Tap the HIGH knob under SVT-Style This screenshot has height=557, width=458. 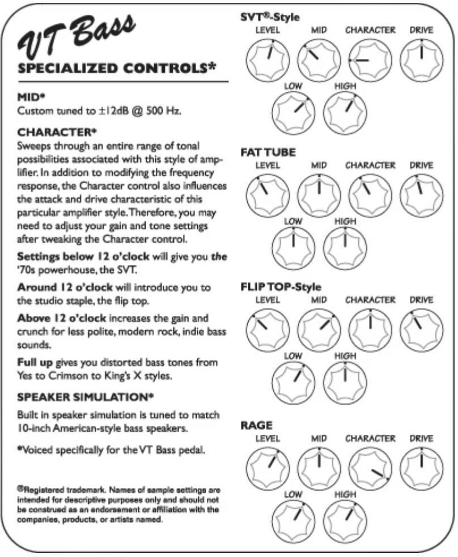coord(345,108)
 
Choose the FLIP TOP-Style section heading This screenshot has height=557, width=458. coord(281,288)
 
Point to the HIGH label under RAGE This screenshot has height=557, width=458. coord(345,494)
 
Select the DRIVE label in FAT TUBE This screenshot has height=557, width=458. coord(421,165)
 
